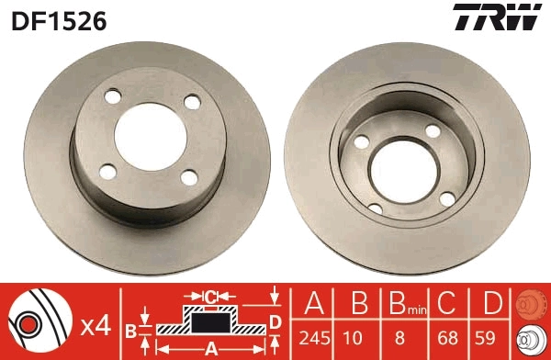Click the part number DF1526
[x=59, y=19]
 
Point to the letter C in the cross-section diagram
[x=210, y=297]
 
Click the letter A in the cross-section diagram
[x=210, y=348]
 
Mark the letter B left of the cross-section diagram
[x=131, y=328]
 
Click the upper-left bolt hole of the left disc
[x=112, y=96]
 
